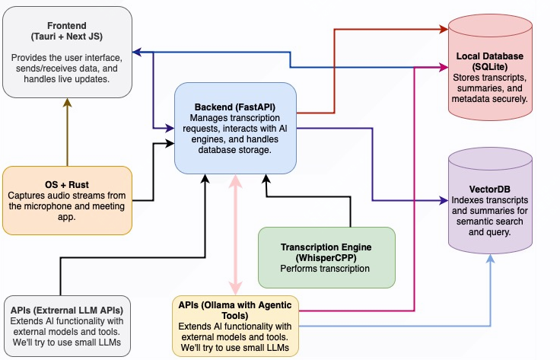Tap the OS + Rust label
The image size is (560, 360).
66,185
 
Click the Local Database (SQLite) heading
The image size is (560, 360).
488,62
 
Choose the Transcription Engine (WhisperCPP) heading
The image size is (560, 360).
326,252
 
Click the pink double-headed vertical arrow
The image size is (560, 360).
236,236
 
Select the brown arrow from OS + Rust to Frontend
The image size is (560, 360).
67,133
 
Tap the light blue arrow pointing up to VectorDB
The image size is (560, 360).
489,289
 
